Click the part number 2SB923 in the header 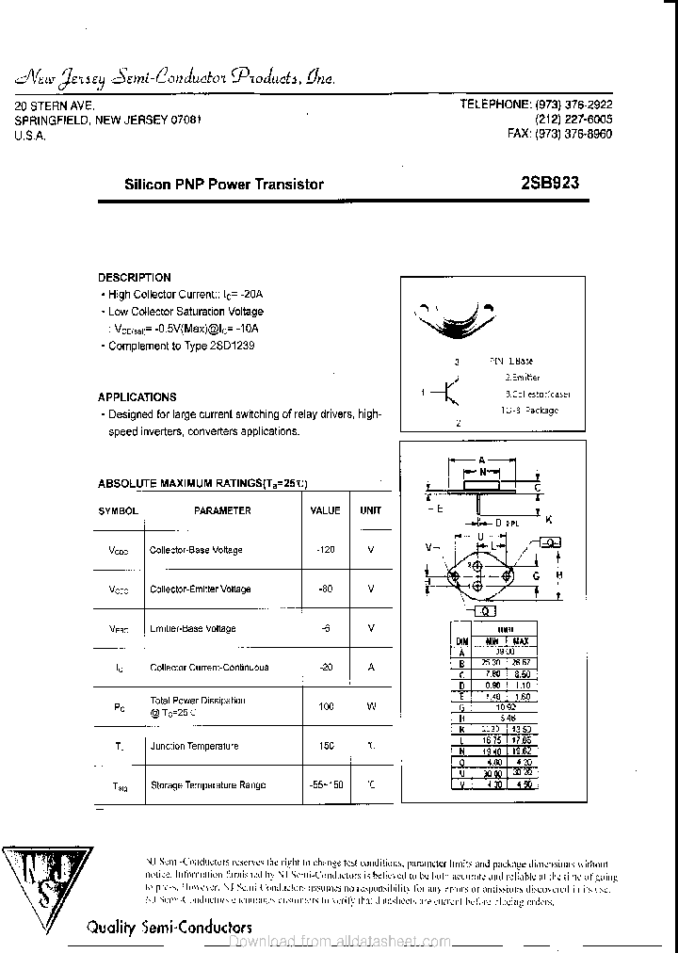[550, 184]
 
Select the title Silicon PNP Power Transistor [224, 185]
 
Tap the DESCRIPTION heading [135, 278]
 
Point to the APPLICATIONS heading [137, 397]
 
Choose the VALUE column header [325, 510]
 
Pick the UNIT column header [371, 510]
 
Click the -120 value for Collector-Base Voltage [326, 549]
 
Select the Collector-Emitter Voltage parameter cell [201, 589]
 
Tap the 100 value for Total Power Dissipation [327, 706]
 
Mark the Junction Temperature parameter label [194, 746]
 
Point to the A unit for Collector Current [371, 667]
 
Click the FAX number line [559, 135]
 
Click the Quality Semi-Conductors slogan [169, 927]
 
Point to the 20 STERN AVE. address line [55, 106]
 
